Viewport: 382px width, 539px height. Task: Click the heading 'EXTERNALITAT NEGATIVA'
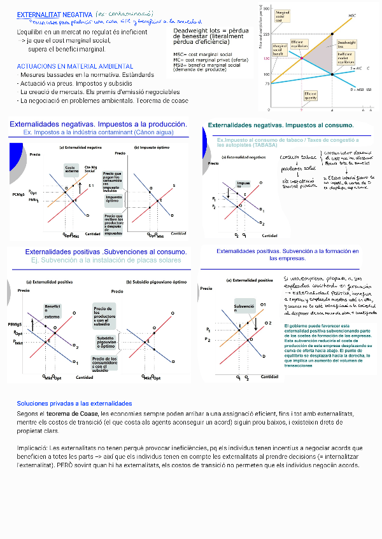(x=54, y=14)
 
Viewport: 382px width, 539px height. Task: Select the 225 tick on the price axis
(x=266, y=34)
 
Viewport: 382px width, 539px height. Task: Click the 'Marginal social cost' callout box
(x=283, y=15)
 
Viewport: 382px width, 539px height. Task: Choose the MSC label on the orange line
(x=352, y=15)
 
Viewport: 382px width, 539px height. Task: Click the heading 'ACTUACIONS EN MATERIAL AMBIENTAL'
(x=75, y=66)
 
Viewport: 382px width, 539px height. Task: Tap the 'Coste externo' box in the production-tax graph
(x=71, y=168)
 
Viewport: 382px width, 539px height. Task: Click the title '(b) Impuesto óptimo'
(x=152, y=147)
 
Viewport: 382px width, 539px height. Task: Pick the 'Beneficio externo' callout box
(x=52, y=311)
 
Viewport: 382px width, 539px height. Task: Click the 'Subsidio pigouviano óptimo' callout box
(x=106, y=341)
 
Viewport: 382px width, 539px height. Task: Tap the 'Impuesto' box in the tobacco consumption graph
(x=244, y=184)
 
